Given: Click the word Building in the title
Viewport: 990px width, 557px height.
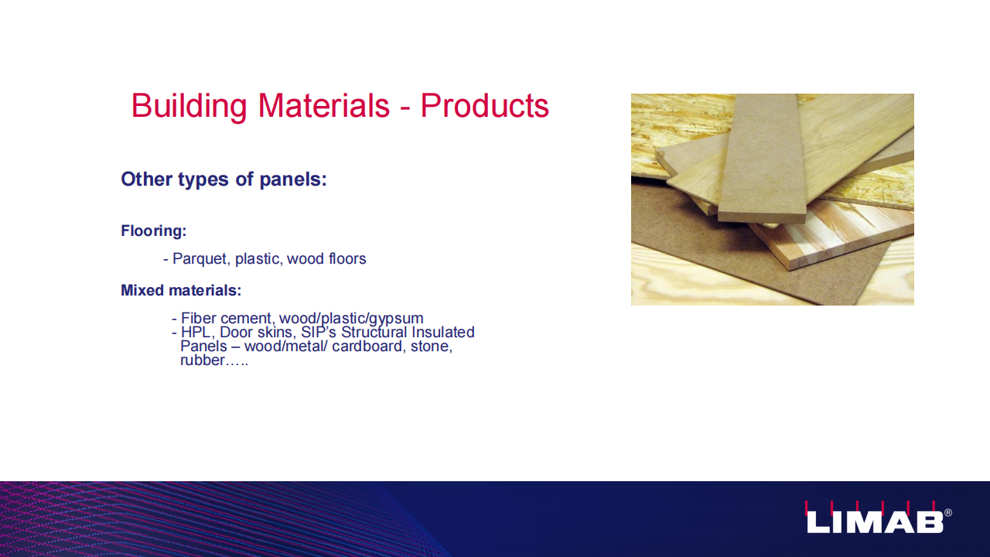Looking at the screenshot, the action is (189, 106).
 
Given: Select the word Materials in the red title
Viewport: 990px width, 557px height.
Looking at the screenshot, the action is (324, 106).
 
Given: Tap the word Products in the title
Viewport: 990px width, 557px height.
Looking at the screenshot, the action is (484, 106).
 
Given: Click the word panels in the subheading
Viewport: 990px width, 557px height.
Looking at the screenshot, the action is (293, 179).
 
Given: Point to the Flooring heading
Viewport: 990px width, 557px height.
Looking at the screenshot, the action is (154, 231).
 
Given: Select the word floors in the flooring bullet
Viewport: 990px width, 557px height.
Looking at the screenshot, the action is (347, 258).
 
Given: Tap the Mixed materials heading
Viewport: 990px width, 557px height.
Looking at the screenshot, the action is (181, 290).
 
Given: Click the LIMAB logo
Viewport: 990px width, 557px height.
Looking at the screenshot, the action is (875, 518).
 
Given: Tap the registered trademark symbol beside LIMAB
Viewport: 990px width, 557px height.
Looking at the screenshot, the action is (948, 513).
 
